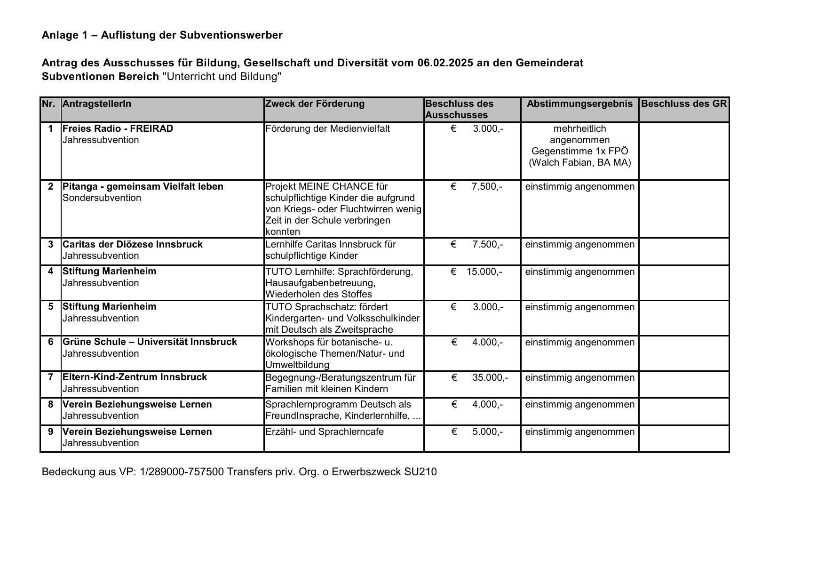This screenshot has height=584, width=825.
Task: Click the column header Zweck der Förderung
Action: pos(315,104)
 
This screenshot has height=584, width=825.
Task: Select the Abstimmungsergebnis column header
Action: pos(579,104)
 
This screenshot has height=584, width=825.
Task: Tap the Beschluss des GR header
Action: pos(683,104)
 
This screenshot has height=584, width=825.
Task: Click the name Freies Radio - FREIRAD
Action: pos(118,128)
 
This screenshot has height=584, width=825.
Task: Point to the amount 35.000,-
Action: pos(490,377)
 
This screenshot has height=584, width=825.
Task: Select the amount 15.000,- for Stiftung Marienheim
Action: pos(484,272)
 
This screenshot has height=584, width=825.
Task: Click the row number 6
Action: pos(51,342)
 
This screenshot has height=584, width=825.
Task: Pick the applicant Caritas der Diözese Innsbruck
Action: pos(132,244)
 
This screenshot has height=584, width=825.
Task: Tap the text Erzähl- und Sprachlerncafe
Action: pos(324,432)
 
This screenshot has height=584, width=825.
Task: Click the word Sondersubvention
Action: pos(102,198)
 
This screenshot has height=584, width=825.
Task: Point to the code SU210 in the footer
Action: pos(420,472)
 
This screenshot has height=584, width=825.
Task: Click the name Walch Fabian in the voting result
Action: pos(561,162)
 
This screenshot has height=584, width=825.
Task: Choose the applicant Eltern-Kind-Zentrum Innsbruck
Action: pos(135,377)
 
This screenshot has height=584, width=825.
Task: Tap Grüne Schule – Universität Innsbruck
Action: pos(150,342)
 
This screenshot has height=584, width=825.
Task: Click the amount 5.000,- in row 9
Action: pos(487,432)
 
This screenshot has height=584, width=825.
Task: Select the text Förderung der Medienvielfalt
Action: pos(327,128)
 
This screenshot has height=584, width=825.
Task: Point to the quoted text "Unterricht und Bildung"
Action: pos(222,77)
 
